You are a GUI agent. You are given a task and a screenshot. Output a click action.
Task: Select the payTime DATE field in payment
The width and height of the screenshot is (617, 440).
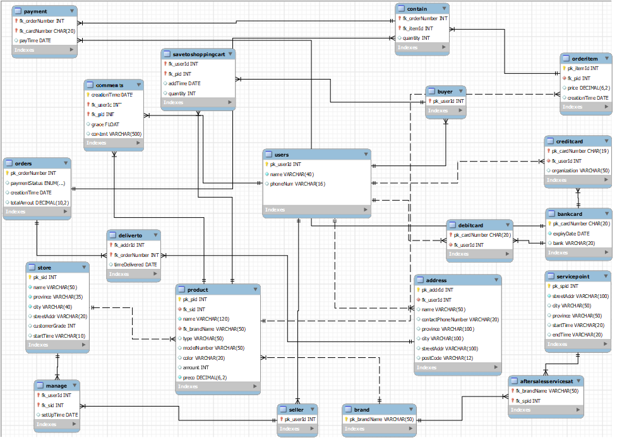coord(35,40)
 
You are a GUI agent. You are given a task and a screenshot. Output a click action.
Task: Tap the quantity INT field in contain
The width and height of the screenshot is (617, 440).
coord(416,38)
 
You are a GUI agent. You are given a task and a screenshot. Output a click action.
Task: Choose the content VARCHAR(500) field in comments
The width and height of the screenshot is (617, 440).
coord(116,134)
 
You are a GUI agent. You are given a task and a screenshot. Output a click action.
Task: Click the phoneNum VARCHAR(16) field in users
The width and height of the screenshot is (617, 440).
coord(297,184)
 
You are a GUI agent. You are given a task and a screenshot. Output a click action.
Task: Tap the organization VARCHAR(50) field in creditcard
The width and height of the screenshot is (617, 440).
coord(580,170)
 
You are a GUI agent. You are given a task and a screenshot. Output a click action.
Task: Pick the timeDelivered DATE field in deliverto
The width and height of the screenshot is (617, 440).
coord(135,265)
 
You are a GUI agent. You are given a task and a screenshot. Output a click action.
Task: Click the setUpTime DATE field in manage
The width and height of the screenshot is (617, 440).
coord(59,415)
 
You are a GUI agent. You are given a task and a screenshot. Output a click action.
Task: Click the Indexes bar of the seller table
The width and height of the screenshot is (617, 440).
coord(297,429)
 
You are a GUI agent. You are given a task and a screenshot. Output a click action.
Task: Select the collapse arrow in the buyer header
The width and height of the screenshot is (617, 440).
coord(461,91)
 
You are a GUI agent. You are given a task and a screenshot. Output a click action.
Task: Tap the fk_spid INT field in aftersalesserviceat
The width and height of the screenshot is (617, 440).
coord(529,400)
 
